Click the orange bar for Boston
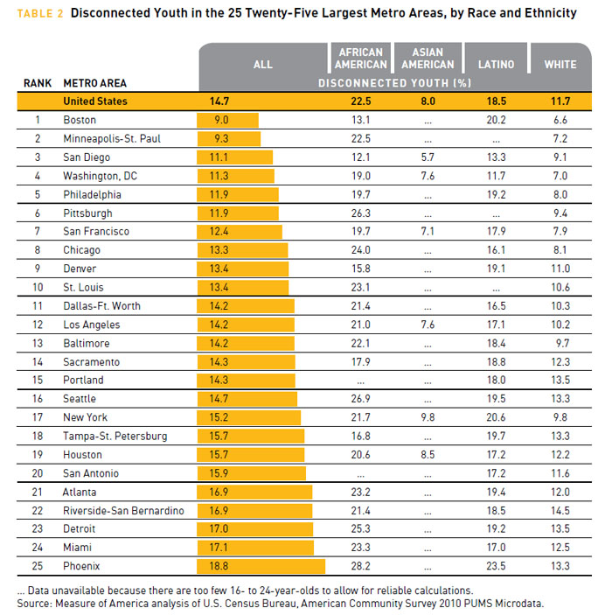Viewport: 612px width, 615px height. click(228, 120)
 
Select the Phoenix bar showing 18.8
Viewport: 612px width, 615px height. click(261, 566)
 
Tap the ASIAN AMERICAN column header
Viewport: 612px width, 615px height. click(428, 59)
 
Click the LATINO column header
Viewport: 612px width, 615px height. click(496, 65)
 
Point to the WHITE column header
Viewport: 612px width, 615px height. click(560, 65)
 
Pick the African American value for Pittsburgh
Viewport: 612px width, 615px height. click(361, 213)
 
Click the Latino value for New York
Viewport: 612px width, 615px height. click(496, 417)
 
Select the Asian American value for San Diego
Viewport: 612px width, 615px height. click(428, 157)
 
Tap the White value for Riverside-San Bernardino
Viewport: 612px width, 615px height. click(560, 511)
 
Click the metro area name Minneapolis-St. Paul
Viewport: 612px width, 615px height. click(112, 139)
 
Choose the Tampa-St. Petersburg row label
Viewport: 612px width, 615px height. click(115, 437)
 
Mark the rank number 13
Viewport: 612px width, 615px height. click(38, 343)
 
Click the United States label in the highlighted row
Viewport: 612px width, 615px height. click(95, 101)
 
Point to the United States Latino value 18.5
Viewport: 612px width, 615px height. click(497, 101)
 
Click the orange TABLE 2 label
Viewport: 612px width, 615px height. click(40, 14)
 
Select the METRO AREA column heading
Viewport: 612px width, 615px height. click(95, 83)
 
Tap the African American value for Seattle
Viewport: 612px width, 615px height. click(361, 399)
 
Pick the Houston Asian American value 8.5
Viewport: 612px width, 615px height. click(428, 455)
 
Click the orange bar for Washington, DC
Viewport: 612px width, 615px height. click(236, 176)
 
